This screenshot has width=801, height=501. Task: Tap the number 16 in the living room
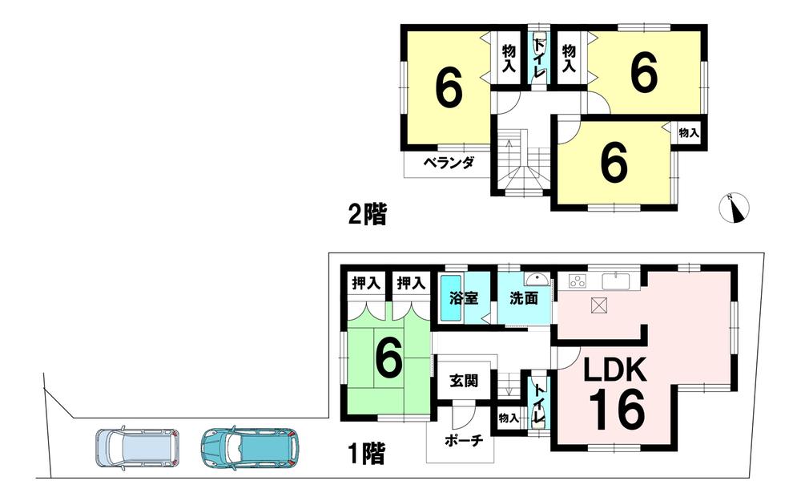(x=618, y=410)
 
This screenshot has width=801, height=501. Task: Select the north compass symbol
(x=733, y=208)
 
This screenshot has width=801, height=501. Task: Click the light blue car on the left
(x=134, y=446)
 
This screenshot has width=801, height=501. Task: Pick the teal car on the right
(x=250, y=446)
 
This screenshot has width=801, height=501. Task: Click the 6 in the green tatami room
(x=388, y=361)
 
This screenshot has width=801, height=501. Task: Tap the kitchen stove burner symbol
(x=577, y=281)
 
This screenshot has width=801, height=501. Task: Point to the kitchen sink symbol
(x=618, y=281)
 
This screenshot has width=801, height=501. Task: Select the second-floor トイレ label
(x=539, y=58)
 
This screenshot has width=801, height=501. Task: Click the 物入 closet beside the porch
(x=508, y=418)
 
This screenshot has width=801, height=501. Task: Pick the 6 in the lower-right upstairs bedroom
(x=613, y=164)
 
